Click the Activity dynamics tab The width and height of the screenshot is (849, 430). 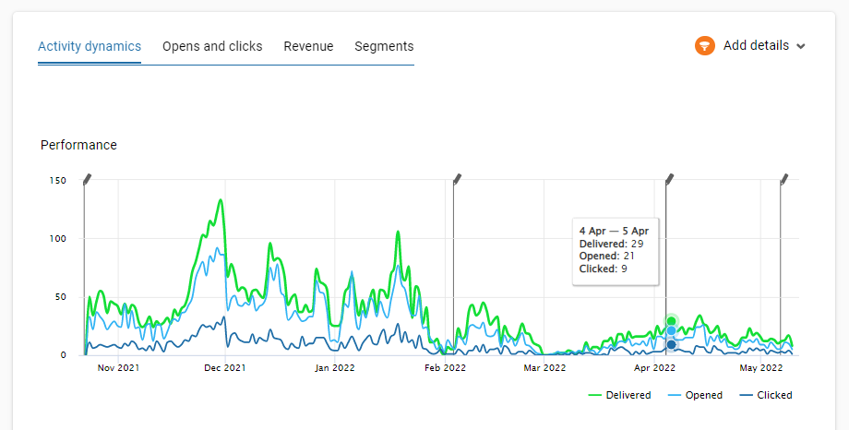pyautogui.click(x=90, y=46)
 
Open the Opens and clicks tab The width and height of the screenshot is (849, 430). pyautogui.click(x=212, y=46)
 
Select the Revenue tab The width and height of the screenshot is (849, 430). pyautogui.click(x=308, y=46)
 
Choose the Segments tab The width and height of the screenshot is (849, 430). pyautogui.click(x=384, y=46)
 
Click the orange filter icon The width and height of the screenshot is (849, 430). pyautogui.click(x=705, y=45)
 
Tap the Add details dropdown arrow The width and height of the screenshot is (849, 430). pyautogui.click(x=800, y=46)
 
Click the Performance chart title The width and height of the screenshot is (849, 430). pyautogui.click(x=78, y=145)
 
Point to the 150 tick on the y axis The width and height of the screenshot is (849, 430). pyautogui.click(x=57, y=180)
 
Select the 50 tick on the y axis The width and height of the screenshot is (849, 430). pyautogui.click(x=60, y=296)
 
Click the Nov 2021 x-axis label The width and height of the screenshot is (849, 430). pyautogui.click(x=118, y=368)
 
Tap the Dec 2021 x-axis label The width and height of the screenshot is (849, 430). pyautogui.click(x=224, y=368)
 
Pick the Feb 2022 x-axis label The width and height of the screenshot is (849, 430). pyautogui.click(x=444, y=368)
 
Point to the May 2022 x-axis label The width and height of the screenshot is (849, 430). pyautogui.click(x=761, y=368)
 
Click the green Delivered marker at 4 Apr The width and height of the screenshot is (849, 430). pyautogui.click(x=672, y=321)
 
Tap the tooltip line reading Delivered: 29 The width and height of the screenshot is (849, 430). pyautogui.click(x=611, y=244)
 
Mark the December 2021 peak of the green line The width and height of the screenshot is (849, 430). pyautogui.click(x=221, y=199)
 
